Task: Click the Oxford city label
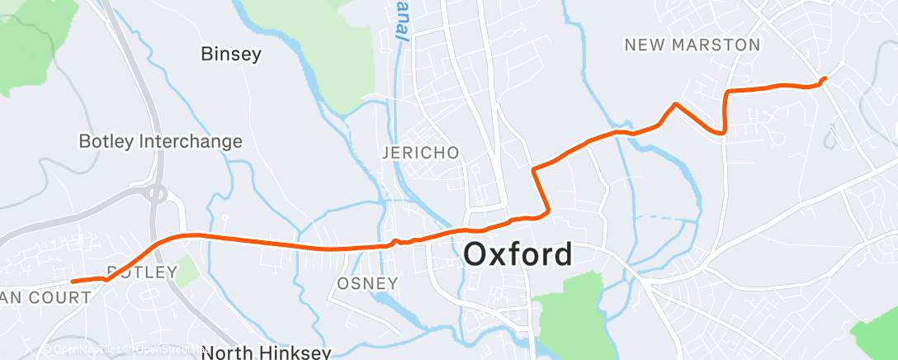coord(518,253)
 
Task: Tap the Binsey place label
coord(231,55)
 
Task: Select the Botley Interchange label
coord(160,141)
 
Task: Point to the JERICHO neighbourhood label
coord(420,154)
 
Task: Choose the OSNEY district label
coord(368,283)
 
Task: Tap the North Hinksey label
coord(266,353)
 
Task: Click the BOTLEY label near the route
coord(142,272)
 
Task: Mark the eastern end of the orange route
coord(825,78)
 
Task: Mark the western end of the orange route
coord(73,282)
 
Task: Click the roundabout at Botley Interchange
coord(158,195)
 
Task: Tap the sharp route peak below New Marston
coord(676,104)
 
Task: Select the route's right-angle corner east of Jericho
coord(535,170)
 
